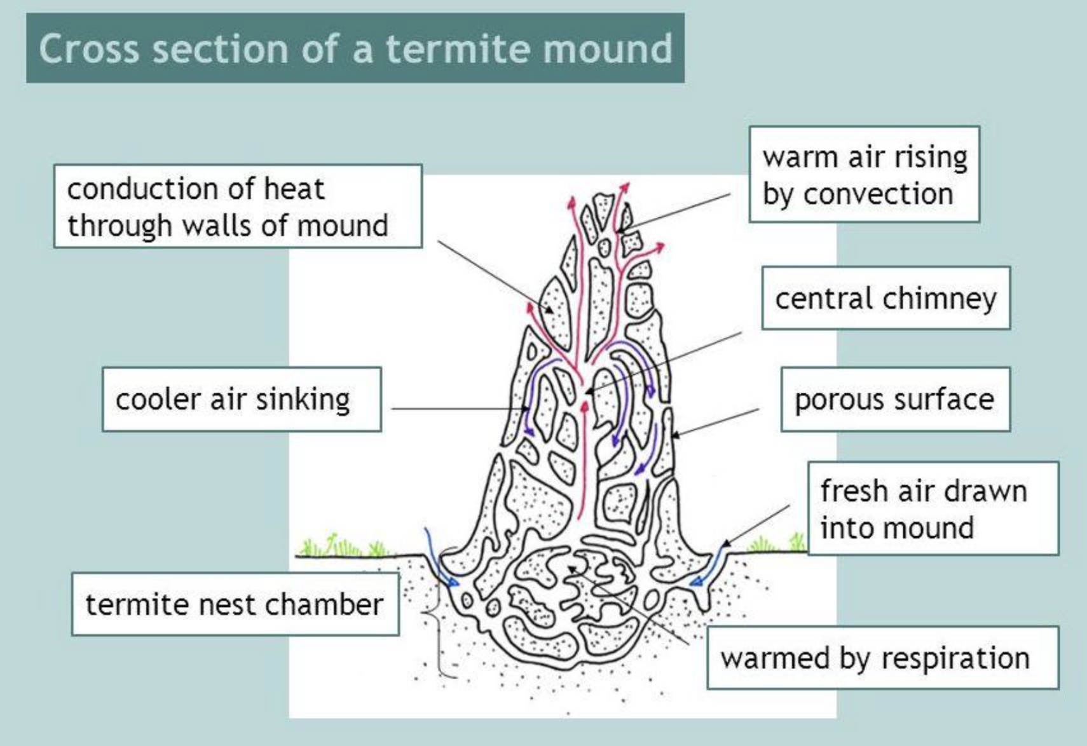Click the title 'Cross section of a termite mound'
click(x=355, y=48)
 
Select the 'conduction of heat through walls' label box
click(x=238, y=207)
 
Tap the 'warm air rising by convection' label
click(x=864, y=175)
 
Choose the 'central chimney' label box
click(x=885, y=298)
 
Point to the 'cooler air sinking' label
click(x=242, y=400)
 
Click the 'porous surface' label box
click(x=895, y=400)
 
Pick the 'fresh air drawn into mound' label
click(x=933, y=509)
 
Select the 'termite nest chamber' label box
click(x=235, y=604)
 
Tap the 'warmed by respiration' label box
click(x=882, y=658)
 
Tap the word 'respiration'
click(x=954, y=658)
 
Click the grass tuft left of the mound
click(x=343, y=546)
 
